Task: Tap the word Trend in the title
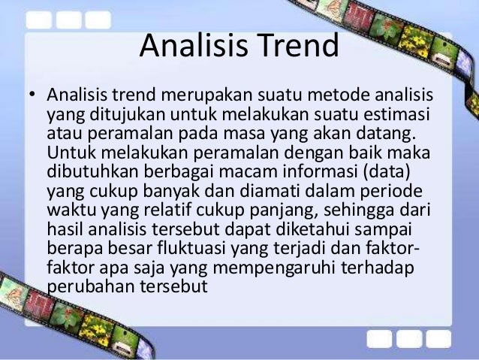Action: pyautogui.click(x=297, y=47)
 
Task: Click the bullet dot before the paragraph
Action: pyautogui.click(x=32, y=97)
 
